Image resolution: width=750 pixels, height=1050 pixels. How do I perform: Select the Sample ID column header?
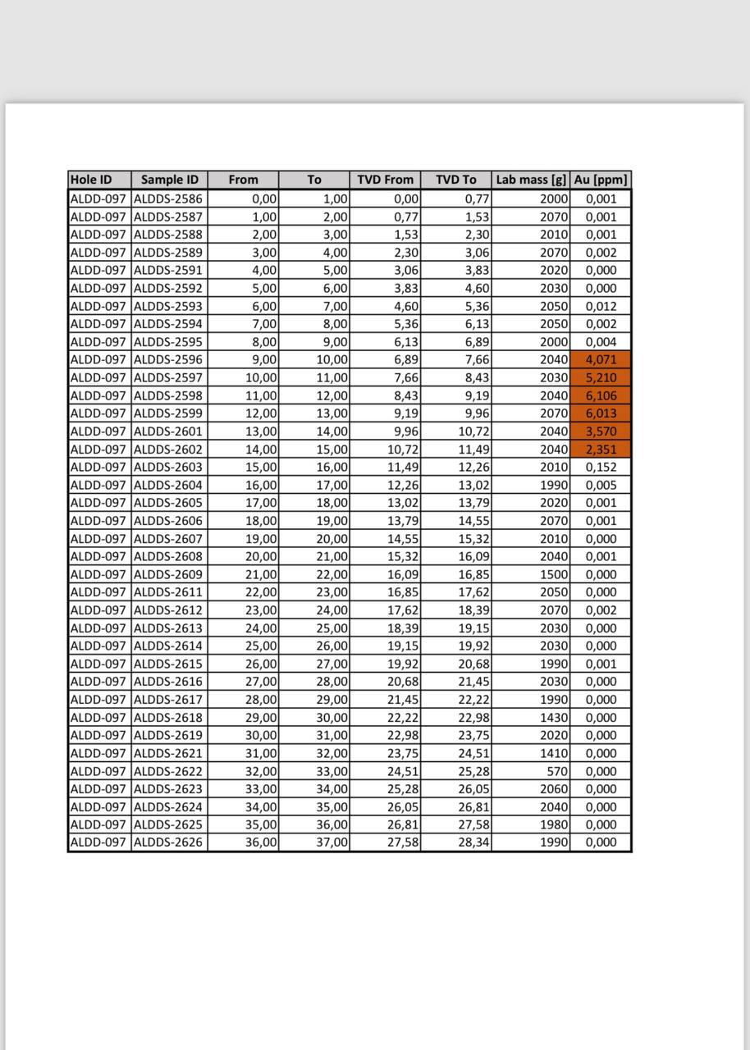(169, 180)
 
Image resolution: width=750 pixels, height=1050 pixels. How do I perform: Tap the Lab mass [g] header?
(531, 180)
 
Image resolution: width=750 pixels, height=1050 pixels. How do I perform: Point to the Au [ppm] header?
(601, 180)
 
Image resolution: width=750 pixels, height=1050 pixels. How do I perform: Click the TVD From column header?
(385, 180)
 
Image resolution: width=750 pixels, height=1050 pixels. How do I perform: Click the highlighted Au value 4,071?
(601, 359)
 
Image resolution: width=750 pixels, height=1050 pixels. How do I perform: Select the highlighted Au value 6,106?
(601, 395)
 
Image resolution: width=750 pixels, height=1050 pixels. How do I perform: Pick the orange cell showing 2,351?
(601, 450)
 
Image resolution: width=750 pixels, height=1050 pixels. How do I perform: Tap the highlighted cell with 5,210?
(601, 377)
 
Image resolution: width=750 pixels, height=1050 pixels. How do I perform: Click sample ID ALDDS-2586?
(168, 199)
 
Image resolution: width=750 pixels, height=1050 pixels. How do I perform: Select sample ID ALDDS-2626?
(168, 842)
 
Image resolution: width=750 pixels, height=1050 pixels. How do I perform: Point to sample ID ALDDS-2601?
(168, 431)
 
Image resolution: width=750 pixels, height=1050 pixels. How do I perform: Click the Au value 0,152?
(601, 467)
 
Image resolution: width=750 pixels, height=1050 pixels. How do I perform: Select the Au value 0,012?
(601, 306)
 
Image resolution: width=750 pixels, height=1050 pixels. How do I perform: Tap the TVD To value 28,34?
(474, 842)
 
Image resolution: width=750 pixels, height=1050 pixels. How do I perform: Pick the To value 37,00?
(332, 842)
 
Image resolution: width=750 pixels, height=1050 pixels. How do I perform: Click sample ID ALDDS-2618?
(168, 718)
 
